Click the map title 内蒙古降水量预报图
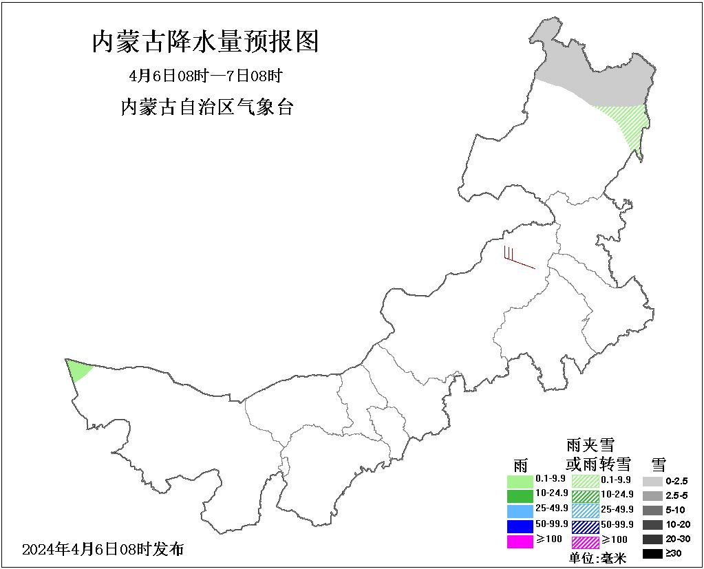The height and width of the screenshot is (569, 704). click(206, 43)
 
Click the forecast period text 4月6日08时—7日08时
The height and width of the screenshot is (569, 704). click(206, 76)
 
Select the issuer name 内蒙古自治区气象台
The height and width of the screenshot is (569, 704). click(206, 107)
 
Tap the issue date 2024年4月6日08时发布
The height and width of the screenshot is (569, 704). click(103, 549)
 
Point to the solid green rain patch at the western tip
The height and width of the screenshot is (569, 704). click(77, 369)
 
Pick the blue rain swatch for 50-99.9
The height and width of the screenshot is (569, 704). click(520, 526)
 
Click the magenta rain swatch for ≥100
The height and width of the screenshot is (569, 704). click(520, 541)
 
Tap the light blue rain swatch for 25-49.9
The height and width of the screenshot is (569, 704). click(520, 511)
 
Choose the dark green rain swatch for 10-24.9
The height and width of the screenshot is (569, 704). click(520, 495)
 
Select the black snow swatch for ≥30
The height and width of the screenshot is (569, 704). click(653, 553)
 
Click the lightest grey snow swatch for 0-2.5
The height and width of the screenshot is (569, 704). click(653, 481)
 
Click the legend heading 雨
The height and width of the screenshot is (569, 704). click(520, 464)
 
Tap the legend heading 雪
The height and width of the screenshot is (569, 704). click(659, 463)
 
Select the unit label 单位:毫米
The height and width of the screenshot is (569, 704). click(597, 558)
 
